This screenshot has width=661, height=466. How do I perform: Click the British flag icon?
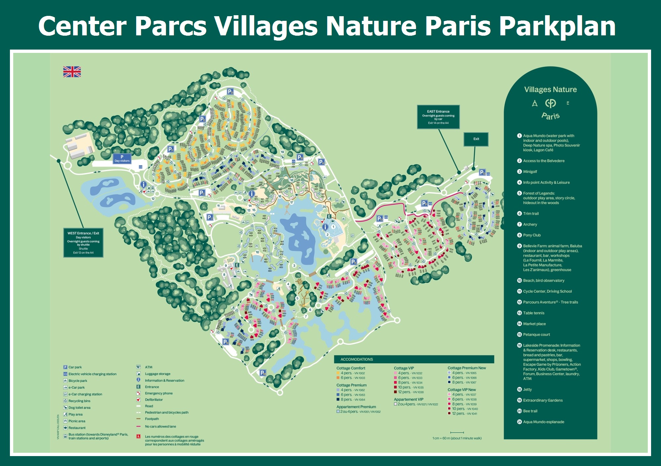point(72,72)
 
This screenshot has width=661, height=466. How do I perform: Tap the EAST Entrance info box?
point(438,117)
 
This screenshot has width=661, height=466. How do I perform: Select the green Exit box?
point(476,139)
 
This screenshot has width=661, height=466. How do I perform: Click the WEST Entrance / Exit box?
point(83,243)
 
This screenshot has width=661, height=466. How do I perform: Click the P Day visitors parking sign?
point(122,159)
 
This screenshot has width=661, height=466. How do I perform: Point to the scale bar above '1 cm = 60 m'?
point(457,432)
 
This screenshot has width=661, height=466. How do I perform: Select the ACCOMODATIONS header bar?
point(414,359)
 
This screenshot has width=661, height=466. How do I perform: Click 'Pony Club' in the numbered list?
point(532,235)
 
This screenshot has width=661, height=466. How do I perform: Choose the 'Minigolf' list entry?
point(530,172)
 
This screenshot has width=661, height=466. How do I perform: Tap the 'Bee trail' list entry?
point(530,411)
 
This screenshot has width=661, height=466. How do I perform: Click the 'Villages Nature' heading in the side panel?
point(550,90)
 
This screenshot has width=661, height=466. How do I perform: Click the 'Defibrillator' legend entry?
point(154,400)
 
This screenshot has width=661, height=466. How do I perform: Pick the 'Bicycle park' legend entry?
point(78,381)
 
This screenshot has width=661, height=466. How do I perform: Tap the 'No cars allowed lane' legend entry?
point(160,426)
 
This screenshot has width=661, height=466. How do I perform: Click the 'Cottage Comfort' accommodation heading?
point(351,368)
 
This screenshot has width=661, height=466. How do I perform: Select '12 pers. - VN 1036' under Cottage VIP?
point(411,392)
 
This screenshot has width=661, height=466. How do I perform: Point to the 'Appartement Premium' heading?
point(356,407)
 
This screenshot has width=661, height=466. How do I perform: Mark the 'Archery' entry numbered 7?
point(530,224)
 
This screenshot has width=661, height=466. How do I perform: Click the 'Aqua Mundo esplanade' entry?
point(543,422)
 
